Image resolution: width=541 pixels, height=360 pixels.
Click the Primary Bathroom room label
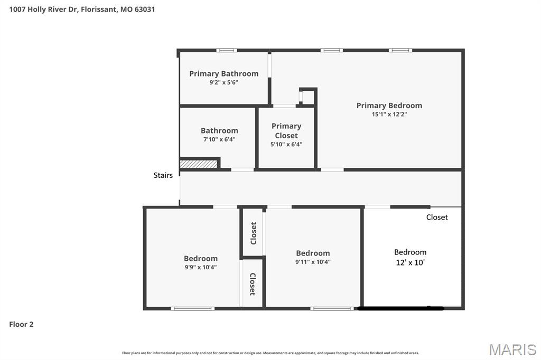click(223, 73)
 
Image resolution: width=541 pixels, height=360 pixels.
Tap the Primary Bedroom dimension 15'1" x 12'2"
click(389, 114)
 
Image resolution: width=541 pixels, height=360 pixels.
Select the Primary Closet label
click(286, 130)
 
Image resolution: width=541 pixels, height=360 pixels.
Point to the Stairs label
click(163, 175)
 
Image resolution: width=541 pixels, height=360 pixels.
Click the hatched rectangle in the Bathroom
click(199, 164)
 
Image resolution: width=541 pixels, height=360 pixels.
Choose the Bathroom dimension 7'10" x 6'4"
click(219, 139)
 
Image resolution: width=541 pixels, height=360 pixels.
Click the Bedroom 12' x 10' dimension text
click(410, 262)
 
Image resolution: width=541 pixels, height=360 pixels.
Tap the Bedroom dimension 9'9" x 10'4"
click(201, 267)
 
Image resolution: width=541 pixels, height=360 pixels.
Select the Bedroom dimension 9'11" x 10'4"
click(313, 262)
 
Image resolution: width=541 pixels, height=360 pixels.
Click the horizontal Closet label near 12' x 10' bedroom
click(437, 217)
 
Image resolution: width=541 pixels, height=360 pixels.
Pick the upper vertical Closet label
click(254, 233)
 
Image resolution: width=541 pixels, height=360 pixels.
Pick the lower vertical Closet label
click(253, 284)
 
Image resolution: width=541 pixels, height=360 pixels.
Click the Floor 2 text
click(21, 324)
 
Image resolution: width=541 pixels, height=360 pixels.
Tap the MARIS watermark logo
click(512, 349)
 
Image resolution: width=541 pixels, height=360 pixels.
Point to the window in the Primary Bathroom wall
click(227, 50)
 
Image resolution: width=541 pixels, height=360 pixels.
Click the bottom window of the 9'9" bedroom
click(193, 308)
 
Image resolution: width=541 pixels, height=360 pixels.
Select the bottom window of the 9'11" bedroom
click(332, 308)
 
